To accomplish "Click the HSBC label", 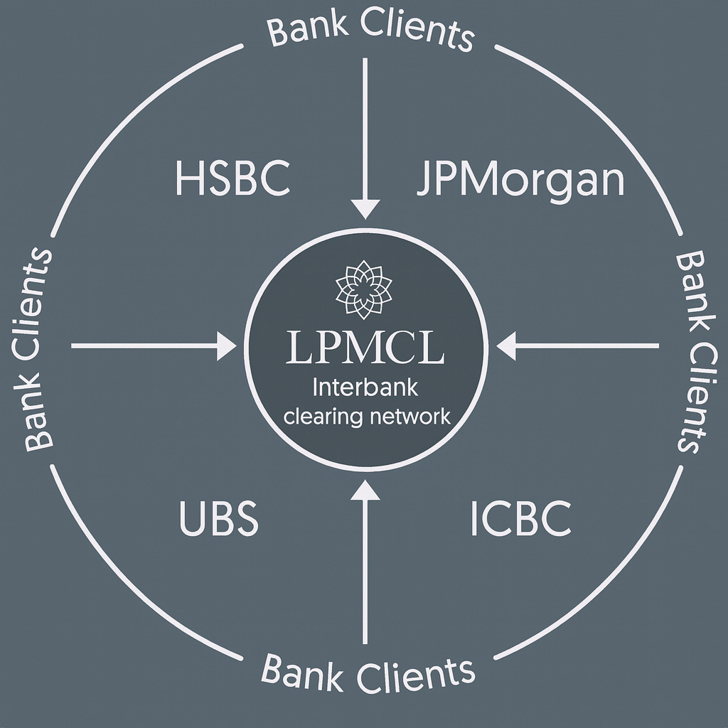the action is pyautogui.click(x=232, y=179).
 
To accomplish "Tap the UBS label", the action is pyautogui.click(x=218, y=519).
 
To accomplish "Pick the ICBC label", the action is pyautogui.click(x=521, y=519).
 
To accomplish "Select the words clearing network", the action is pyautogui.click(x=367, y=416).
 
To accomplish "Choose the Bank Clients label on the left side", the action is pyautogui.click(x=39, y=348).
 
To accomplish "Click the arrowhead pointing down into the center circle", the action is pyautogui.click(x=365, y=208).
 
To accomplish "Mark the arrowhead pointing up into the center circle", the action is pyautogui.click(x=365, y=491).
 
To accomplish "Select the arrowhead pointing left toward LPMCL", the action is pyautogui.click(x=506, y=346).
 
